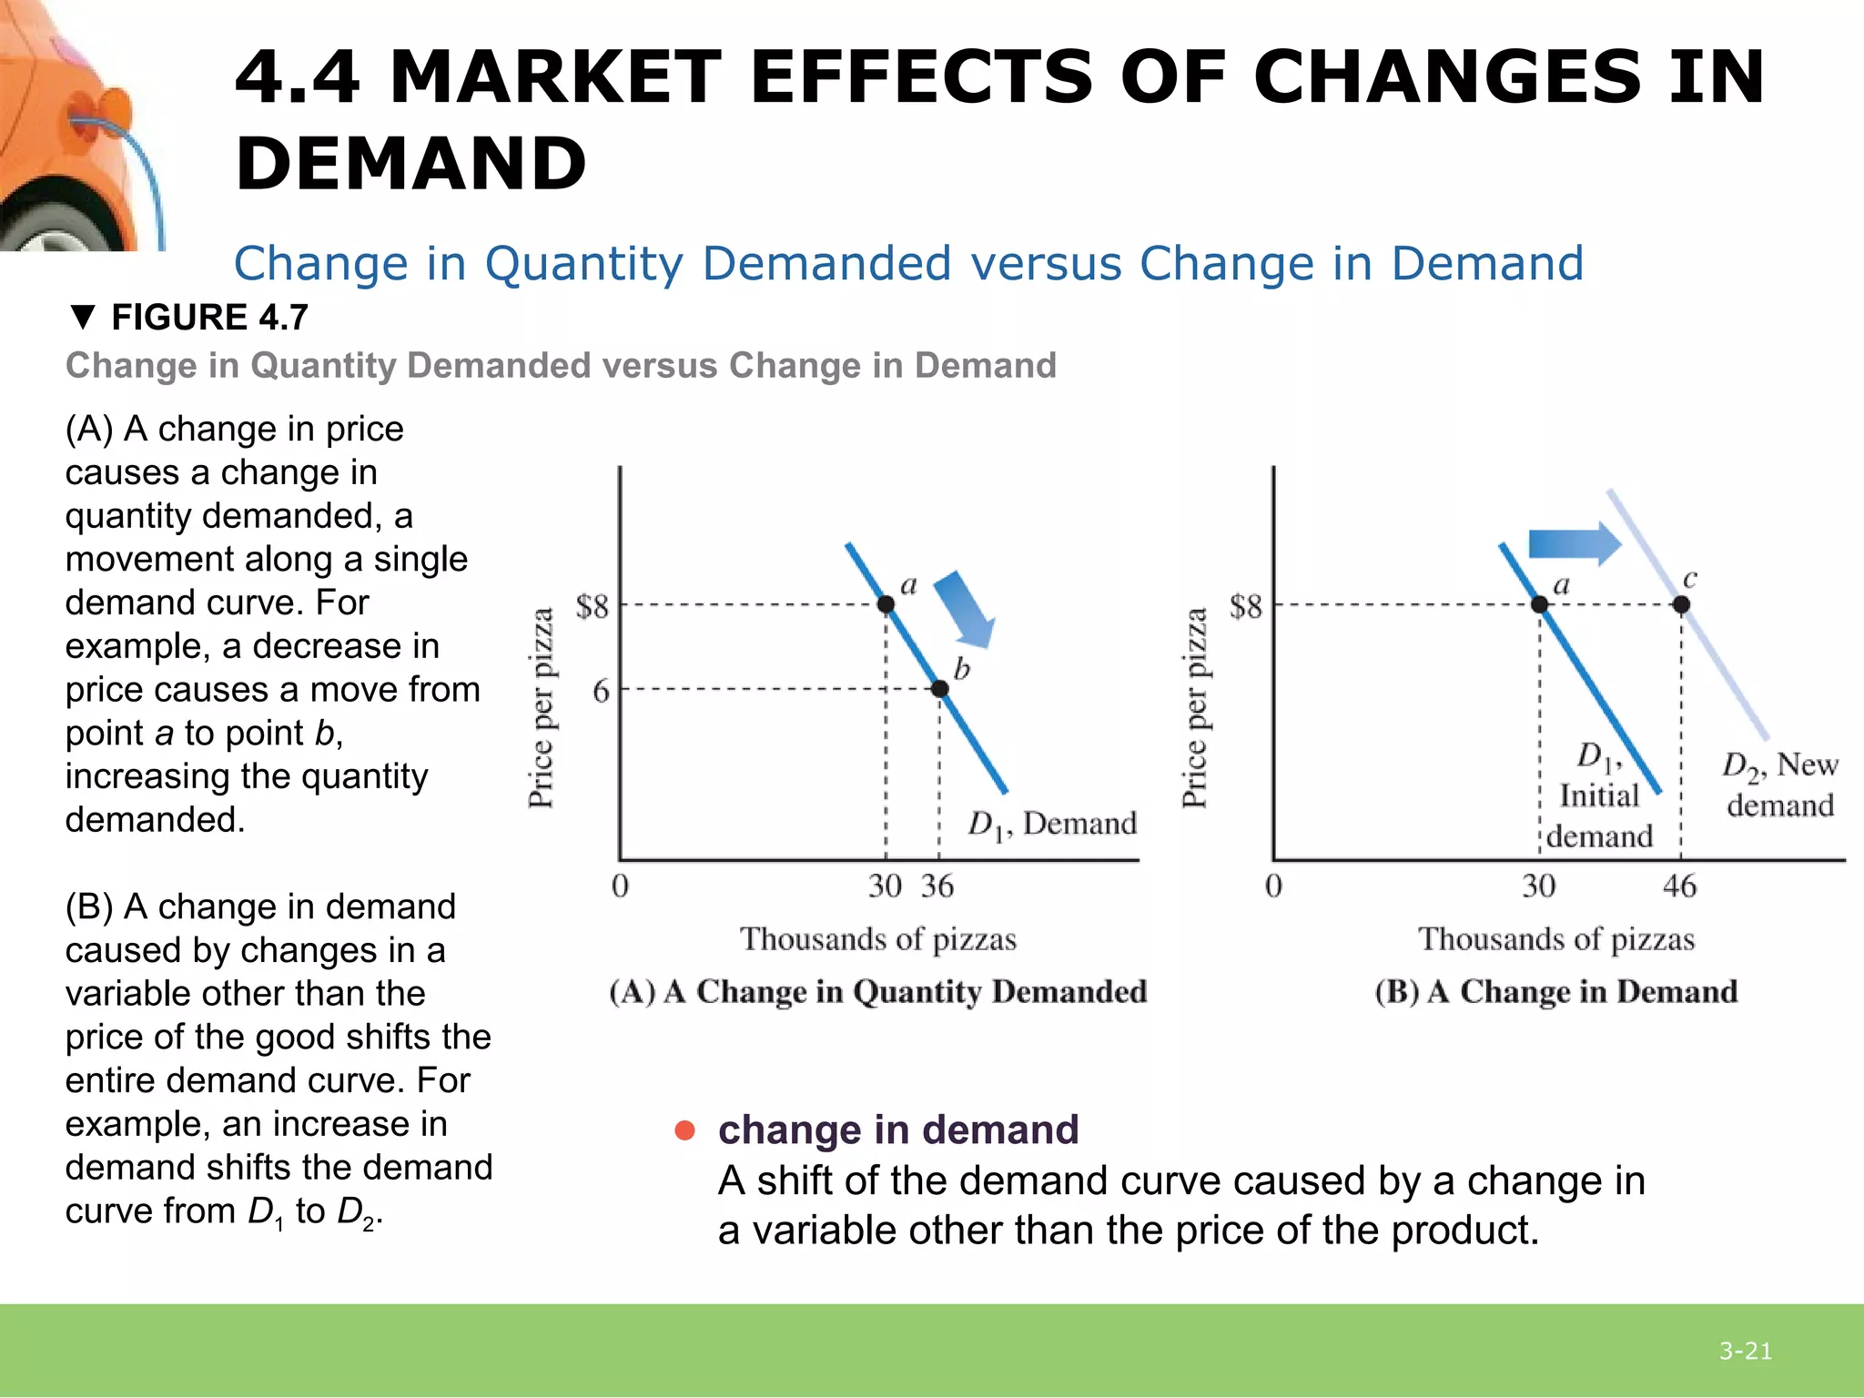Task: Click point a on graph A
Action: tap(886, 604)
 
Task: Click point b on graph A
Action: tap(939, 689)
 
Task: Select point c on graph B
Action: tap(1681, 604)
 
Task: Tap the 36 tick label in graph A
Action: tap(937, 886)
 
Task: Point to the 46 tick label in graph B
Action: tap(1679, 886)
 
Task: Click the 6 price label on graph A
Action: tap(601, 691)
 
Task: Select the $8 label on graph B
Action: tap(1246, 607)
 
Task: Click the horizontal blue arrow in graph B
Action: tap(1573, 543)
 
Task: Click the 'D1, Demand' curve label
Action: tap(1051, 825)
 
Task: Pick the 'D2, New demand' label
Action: tap(1779, 785)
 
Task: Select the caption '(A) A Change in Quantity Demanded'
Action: tap(878, 991)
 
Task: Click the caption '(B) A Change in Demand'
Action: tap(1556, 991)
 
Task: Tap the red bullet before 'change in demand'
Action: tap(684, 1130)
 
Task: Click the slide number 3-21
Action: tap(1745, 1352)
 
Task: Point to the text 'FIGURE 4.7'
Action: tap(209, 318)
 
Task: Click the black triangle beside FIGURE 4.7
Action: tap(82, 318)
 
